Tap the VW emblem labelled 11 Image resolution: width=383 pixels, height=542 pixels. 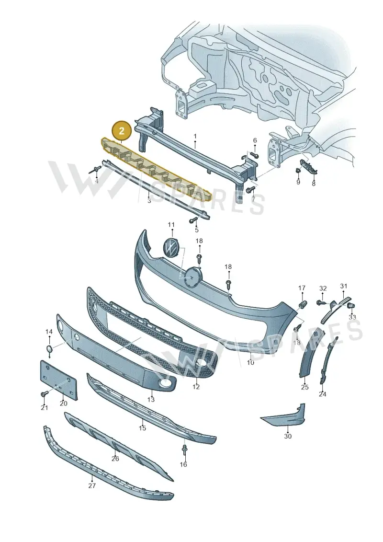pyautogui.click(x=171, y=247)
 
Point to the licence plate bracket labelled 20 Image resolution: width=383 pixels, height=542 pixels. pyautogui.click(x=58, y=379)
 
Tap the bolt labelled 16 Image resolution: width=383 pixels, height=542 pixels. pyautogui.click(x=184, y=450)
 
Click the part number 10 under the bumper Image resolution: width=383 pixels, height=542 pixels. pyautogui.click(x=250, y=362)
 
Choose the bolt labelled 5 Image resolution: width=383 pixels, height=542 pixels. pyautogui.click(x=193, y=219)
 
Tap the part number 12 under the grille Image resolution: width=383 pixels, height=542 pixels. pyautogui.click(x=196, y=387)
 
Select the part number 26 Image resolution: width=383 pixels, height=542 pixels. pyautogui.click(x=115, y=458)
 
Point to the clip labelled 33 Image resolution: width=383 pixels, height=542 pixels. pyautogui.click(x=351, y=305)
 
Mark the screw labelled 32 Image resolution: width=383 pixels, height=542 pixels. pyautogui.click(x=321, y=302)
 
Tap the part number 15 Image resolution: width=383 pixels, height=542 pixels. pyautogui.click(x=142, y=428)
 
